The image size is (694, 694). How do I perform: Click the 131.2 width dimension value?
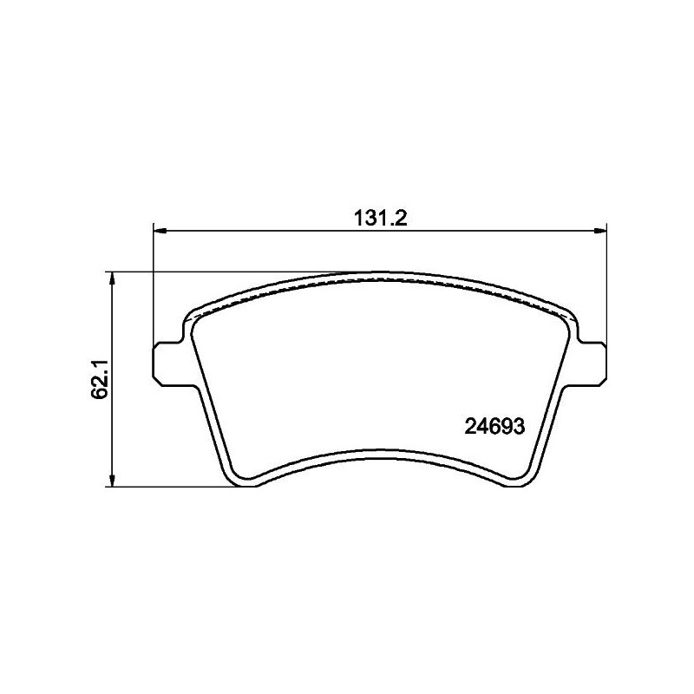(380, 219)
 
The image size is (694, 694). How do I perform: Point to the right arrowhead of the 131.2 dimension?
(600, 231)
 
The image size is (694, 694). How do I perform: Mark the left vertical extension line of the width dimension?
(154, 286)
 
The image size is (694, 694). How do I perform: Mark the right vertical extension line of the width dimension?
(606, 286)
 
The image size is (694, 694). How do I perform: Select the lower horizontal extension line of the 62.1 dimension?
(173, 486)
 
